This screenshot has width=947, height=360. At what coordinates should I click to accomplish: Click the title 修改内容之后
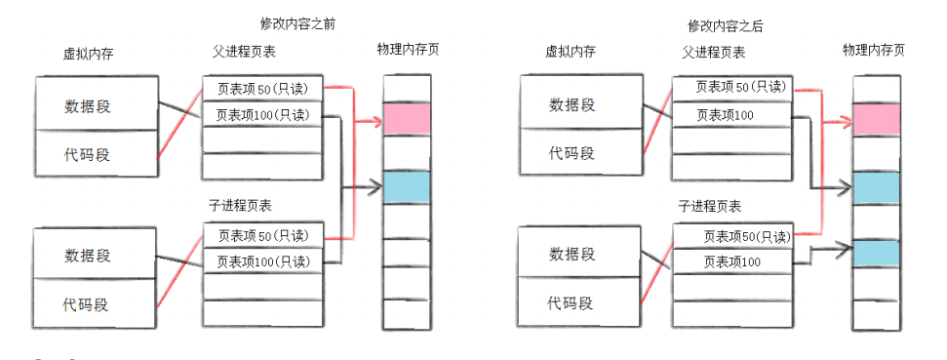pos(724,26)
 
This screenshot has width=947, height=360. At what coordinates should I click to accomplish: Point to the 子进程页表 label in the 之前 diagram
pos(240,206)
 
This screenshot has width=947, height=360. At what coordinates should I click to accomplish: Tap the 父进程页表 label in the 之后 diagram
pos(712,53)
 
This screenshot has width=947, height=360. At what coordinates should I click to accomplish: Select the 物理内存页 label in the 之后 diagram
pos(873,49)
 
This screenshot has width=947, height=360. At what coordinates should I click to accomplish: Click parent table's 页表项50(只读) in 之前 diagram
pos(262,89)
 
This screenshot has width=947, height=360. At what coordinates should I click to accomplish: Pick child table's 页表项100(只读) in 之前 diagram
pos(262,261)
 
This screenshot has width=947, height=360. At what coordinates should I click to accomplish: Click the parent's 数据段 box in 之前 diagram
pos(96,105)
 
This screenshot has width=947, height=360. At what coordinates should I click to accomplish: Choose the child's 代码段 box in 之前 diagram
pos(96,303)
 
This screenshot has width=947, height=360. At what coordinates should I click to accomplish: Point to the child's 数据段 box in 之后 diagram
pos(571,254)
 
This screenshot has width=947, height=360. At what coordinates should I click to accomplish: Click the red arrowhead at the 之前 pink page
pos(376,121)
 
